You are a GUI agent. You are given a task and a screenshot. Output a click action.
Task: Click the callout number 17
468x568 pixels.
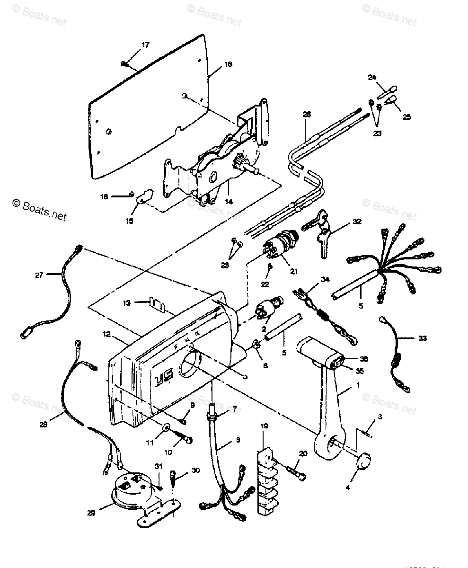(x=145, y=45)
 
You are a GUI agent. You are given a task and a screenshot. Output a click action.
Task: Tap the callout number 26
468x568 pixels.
(x=307, y=115)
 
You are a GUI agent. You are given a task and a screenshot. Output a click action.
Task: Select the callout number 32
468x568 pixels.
(x=357, y=222)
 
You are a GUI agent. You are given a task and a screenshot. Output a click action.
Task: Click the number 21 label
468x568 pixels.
(x=294, y=271)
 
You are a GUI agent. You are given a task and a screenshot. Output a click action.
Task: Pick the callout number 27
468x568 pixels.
(x=39, y=275)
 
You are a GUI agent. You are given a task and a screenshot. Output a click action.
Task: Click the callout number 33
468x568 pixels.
(x=422, y=338)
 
